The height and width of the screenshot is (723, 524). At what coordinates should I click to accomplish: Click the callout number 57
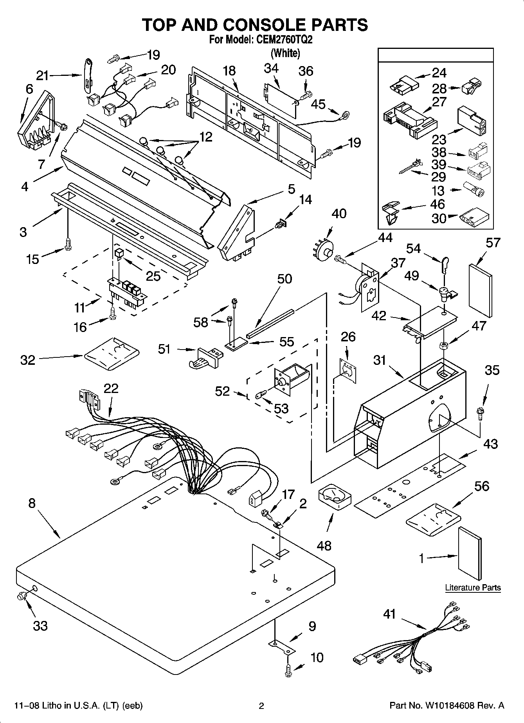493,243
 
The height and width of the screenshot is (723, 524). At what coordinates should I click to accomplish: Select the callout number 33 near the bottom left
40,626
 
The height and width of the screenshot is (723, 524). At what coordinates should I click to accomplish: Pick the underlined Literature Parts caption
473,588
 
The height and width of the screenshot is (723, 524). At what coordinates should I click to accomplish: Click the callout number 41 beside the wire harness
389,615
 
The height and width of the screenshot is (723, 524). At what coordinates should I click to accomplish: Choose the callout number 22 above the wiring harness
111,388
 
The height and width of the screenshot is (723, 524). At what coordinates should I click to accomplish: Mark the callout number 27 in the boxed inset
439,102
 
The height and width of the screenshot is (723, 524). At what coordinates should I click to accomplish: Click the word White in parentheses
286,53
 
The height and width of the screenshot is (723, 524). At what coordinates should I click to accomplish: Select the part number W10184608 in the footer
449,706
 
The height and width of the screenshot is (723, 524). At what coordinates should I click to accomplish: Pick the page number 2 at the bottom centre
262,706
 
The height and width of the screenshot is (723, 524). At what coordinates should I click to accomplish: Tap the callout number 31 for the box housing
380,360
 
